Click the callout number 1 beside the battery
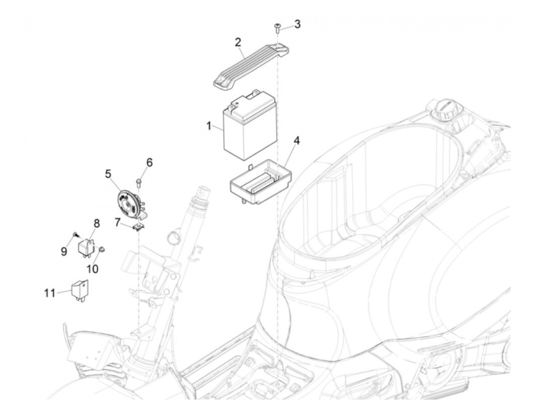(209, 126)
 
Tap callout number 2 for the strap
(238, 42)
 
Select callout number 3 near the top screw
(297, 24)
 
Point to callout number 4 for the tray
(297, 141)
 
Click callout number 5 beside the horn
(108, 173)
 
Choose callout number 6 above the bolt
(149, 162)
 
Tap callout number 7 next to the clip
(117, 222)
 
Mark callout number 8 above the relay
(96, 223)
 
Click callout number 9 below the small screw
(64, 251)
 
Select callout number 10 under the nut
(93, 269)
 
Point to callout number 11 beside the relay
(49, 293)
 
